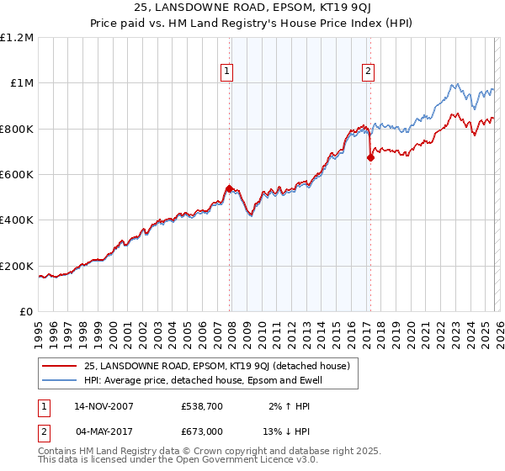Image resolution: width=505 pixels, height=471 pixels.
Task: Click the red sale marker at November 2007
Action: [229, 188]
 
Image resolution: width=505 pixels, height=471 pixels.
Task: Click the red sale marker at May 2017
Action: [369, 157]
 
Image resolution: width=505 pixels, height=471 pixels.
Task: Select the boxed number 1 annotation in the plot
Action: [228, 71]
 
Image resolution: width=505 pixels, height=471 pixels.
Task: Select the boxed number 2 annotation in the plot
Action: [369, 71]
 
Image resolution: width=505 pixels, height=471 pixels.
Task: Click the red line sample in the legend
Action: [60, 366]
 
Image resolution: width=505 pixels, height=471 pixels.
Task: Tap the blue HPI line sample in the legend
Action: [60, 380]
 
